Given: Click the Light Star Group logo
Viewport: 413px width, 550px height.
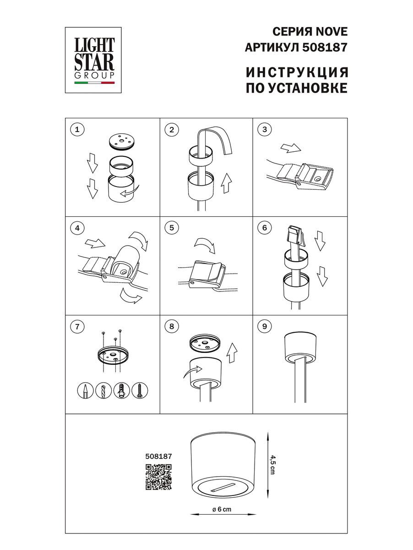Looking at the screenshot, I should coord(95,59).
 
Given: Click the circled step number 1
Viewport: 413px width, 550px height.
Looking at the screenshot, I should coord(77,130).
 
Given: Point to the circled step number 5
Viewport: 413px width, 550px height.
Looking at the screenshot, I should coord(171,228).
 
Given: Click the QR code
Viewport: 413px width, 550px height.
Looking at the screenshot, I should coord(158,477).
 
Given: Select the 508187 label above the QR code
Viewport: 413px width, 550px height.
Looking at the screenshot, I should coord(158,456).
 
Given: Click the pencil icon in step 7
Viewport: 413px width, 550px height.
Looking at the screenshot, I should coord(85,391).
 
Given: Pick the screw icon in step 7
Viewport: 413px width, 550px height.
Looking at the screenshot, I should coord(139,391).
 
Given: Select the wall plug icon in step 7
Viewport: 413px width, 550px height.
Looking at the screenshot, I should coord(121,391).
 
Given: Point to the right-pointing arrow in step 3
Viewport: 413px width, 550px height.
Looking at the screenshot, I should coord(289,148).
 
